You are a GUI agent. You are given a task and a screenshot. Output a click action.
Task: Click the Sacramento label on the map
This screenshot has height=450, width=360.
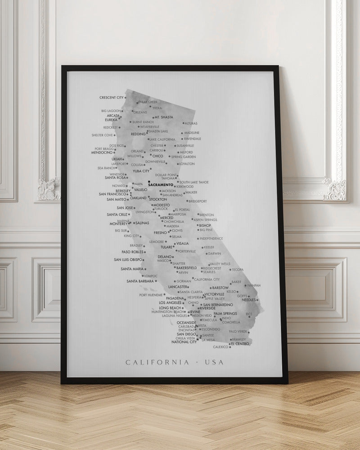(x=161, y=185)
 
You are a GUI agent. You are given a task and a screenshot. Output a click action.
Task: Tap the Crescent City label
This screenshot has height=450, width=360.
(x=111, y=97)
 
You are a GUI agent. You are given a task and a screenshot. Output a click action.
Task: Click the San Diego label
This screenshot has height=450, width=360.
(x=186, y=334)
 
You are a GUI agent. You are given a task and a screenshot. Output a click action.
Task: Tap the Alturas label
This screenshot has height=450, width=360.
(x=191, y=123)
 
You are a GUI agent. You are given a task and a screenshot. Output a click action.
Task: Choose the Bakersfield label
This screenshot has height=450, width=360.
(x=185, y=268)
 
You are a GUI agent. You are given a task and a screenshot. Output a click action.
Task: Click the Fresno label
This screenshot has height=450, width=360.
(x=160, y=233)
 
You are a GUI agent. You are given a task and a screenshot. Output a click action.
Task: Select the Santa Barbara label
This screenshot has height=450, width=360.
(x=140, y=281)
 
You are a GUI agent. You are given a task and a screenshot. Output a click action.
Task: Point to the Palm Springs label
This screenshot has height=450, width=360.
(x=225, y=314)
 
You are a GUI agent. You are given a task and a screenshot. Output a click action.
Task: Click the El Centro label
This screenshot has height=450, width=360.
(x=239, y=344)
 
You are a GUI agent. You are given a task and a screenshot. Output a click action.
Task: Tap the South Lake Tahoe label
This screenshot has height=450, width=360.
(x=194, y=182)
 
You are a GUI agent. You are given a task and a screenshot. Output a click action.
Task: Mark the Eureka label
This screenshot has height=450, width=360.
(x=111, y=120)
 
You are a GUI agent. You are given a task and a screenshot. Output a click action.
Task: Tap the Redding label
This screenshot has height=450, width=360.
(x=138, y=134)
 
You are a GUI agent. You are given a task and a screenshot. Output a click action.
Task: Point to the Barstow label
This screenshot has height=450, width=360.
(x=220, y=288)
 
